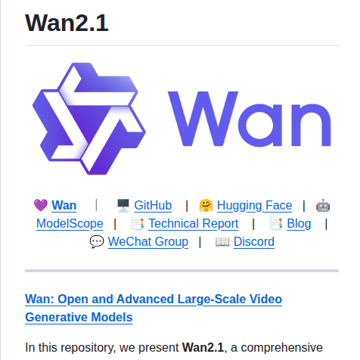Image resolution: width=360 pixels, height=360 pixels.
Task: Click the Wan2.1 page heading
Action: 67,23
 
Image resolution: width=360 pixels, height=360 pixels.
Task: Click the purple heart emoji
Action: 41,205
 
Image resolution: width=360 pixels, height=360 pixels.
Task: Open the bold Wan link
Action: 64,205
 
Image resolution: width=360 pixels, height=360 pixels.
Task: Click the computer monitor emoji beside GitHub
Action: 123,205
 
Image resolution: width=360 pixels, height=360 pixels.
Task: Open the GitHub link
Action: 153,205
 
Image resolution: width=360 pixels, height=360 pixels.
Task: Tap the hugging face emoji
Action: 206,205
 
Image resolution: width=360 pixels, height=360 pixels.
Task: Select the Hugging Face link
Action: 254,205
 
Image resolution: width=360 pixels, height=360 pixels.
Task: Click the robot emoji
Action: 323,205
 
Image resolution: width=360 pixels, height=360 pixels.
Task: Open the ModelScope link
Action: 70,223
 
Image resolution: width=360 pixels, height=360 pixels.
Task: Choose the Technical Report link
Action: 193,223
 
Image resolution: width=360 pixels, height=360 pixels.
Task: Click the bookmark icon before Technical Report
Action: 138,223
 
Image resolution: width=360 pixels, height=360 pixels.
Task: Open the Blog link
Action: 299,223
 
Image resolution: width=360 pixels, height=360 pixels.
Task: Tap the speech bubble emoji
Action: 97,241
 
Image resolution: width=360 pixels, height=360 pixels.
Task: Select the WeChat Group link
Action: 148,241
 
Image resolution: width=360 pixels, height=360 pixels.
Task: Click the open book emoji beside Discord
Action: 222,241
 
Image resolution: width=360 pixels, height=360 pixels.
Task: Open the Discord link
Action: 254,241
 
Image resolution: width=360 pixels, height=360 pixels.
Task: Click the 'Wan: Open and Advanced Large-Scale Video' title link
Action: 154,299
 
